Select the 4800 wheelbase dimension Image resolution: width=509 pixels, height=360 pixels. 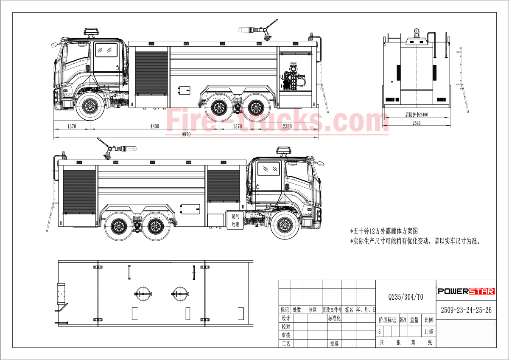coord(154,127)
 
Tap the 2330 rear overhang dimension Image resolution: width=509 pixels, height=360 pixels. coord(287,127)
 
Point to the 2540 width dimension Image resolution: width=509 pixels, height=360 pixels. coord(417,123)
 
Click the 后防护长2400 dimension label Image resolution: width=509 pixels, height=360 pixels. coord(416,115)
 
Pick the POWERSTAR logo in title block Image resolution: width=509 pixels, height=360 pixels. coord(466,291)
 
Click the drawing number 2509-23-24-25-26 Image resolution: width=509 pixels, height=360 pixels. coord(466,310)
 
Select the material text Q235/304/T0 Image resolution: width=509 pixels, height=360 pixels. coord(406,297)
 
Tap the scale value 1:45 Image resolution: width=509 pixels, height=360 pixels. coord(428,332)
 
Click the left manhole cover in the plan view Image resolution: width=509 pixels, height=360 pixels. coord(143,294)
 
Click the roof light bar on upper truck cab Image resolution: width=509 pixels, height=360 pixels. coord(91,32)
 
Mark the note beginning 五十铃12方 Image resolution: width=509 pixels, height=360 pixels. coord(384,231)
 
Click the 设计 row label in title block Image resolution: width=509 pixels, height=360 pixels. coord(285,318)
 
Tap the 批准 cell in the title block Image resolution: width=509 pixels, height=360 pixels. coord(334,343)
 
